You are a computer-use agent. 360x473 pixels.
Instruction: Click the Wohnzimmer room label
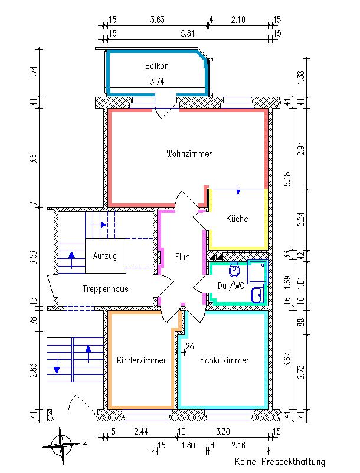point(189,154)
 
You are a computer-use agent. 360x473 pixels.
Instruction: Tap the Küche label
point(237,219)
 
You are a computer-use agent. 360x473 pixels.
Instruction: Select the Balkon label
point(156,66)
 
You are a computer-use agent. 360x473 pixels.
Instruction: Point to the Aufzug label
point(105,256)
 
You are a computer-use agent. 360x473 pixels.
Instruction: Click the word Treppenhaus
point(106,289)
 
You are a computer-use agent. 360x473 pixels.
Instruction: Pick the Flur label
point(182,257)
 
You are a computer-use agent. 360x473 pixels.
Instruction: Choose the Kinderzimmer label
point(142,360)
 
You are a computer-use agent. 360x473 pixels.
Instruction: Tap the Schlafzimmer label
point(224,360)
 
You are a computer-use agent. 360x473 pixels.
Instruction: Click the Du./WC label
point(231,286)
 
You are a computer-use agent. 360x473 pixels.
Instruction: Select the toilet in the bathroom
point(234,270)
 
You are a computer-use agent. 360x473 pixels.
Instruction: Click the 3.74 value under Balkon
point(156,81)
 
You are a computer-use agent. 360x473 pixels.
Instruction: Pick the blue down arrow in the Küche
point(238,191)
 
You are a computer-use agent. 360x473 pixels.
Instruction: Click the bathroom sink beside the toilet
point(256,294)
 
